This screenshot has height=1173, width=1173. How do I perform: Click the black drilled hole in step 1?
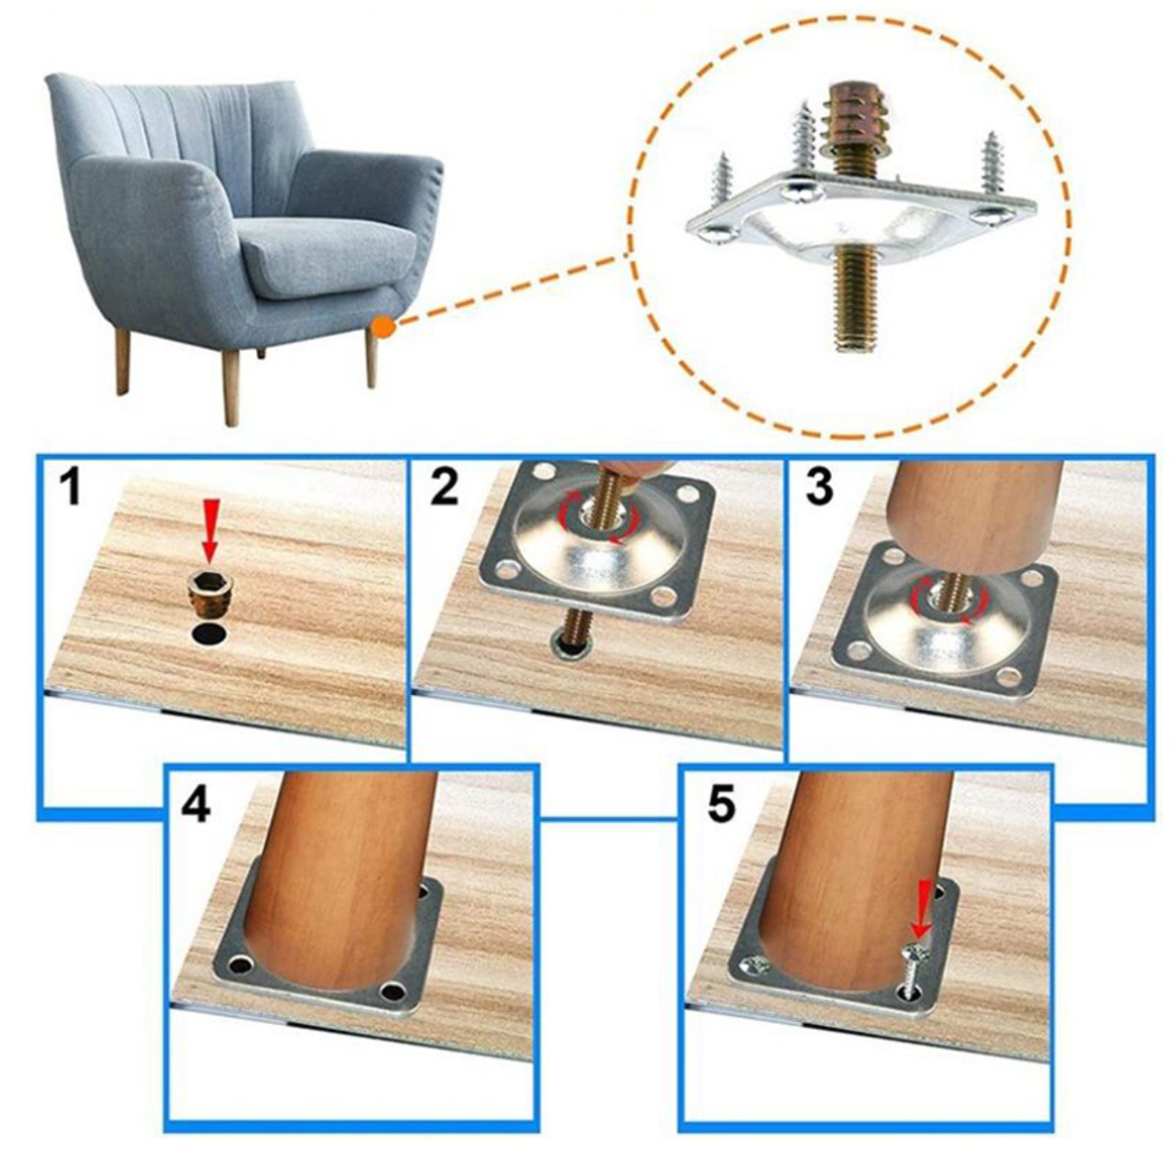(x=210, y=634)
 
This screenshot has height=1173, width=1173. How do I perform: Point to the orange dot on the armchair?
(x=383, y=327)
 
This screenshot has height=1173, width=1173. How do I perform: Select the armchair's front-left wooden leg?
(x=230, y=387)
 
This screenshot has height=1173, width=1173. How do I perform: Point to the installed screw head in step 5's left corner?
(x=756, y=965)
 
